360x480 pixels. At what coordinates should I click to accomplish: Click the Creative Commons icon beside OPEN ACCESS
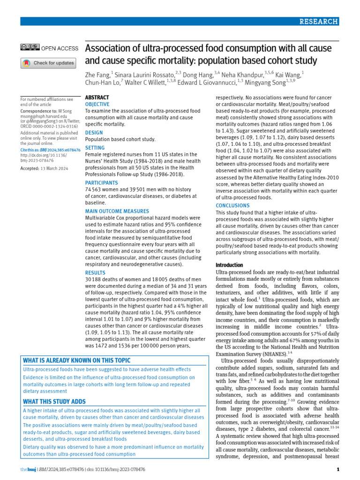[30, 47]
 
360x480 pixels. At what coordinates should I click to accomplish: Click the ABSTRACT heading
[97, 97]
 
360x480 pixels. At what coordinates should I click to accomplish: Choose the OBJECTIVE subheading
[97, 104]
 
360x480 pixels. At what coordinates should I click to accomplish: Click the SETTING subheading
[95, 148]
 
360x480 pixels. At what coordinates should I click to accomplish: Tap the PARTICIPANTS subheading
[101, 182]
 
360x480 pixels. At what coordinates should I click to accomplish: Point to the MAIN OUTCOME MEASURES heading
[117, 211]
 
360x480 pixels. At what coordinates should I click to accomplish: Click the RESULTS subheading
[95, 272]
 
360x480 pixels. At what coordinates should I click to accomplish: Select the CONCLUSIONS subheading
[232, 205]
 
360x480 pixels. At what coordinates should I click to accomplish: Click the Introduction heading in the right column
[229, 265]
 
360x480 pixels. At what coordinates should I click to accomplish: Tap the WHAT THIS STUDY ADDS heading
[54, 401]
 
